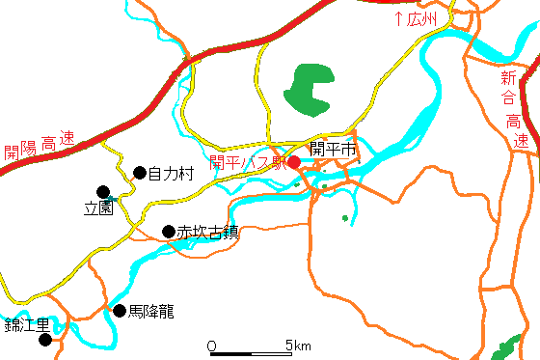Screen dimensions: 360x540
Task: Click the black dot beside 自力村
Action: (x=139, y=173)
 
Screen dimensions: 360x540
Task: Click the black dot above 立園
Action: (x=103, y=191)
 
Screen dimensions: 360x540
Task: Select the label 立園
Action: (x=99, y=208)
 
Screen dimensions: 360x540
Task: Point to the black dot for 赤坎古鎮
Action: (x=168, y=232)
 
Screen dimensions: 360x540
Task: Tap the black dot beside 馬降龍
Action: (x=120, y=311)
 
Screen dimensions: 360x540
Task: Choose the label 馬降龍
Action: (x=151, y=312)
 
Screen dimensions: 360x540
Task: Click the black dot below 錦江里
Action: (x=43, y=339)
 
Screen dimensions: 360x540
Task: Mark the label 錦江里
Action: (x=26, y=324)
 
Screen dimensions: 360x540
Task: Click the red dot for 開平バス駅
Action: (x=294, y=162)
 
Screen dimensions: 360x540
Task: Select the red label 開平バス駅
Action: (x=247, y=162)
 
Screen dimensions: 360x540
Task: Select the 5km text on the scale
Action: (x=297, y=346)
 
